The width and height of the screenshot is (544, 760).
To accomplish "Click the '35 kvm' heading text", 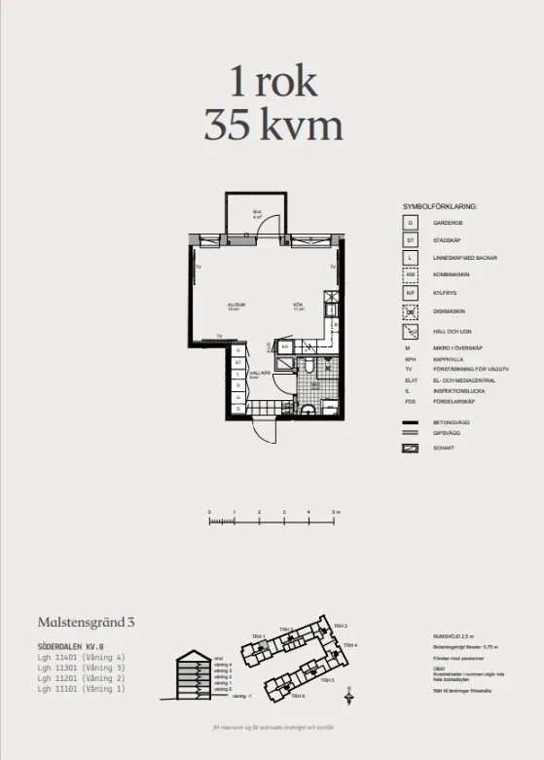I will click(x=272, y=125).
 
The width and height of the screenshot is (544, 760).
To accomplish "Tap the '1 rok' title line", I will click(x=272, y=82).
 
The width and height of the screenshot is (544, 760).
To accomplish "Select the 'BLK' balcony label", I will click(x=258, y=213).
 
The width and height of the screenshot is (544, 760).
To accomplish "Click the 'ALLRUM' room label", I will click(x=235, y=306).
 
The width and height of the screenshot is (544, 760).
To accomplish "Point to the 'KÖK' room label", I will click(x=299, y=306).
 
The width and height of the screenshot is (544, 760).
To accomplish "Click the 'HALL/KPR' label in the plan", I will click(x=258, y=374).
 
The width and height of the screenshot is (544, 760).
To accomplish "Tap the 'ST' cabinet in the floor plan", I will click(x=237, y=362).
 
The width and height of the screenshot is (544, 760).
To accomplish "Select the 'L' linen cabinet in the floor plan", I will click(x=237, y=374).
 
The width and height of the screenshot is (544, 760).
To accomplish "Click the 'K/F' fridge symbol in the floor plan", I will click(x=286, y=346).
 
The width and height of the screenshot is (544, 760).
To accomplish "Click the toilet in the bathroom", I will click(x=307, y=366).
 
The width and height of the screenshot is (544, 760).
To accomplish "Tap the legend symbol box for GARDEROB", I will click(x=411, y=223).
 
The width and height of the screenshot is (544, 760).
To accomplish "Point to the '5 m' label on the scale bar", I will click(x=335, y=512).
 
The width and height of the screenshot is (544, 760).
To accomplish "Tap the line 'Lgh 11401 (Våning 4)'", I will click(x=82, y=657).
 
